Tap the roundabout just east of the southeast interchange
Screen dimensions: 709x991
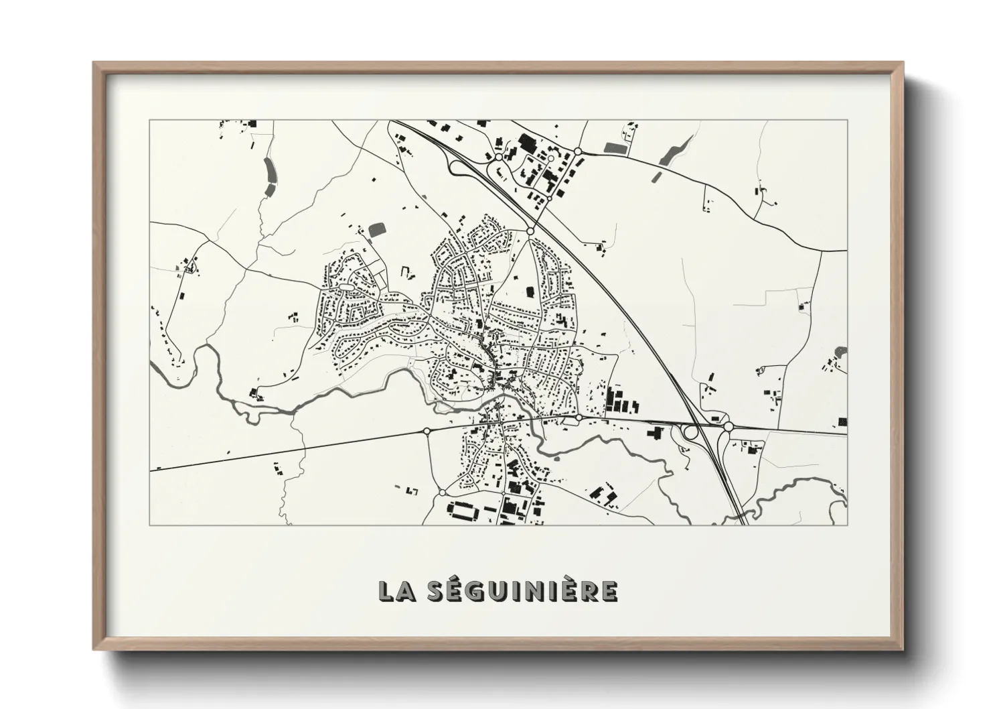[x=728, y=426]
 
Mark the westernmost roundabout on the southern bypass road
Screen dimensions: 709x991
[x=427, y=431]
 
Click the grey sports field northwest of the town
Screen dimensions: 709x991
[x=377, y=230]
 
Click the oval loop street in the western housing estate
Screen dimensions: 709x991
[x=346, y=287]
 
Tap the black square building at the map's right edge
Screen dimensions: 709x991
[x=842, y=421]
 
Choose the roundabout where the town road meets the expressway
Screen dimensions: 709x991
[x=530, y=231]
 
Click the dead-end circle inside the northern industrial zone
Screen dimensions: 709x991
[x=550, y=159]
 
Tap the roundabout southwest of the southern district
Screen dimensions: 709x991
[x=442, y=493]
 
